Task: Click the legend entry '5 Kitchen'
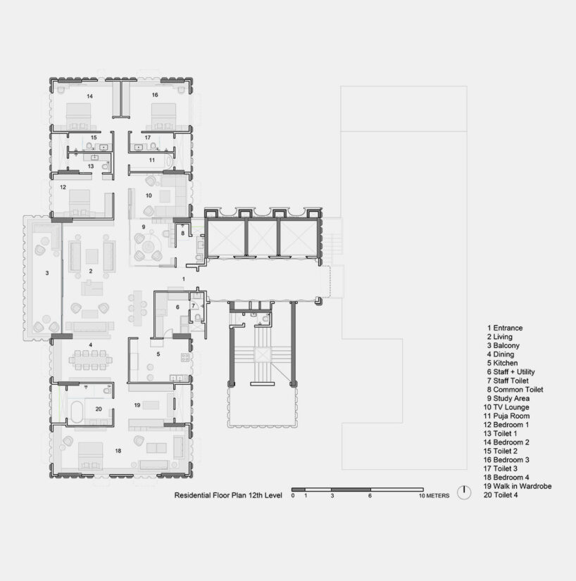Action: (503, 363)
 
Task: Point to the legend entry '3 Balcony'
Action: (503, 345)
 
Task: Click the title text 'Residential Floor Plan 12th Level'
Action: (228, 495)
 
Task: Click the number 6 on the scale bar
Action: (370, 496)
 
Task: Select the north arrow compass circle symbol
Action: (463, 492)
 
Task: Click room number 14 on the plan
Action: (89, 95)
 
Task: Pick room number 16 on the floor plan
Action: (154, 95)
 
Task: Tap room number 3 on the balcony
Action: (46, 272)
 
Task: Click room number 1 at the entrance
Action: (183, 279)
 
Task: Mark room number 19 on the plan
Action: (137, 405)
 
